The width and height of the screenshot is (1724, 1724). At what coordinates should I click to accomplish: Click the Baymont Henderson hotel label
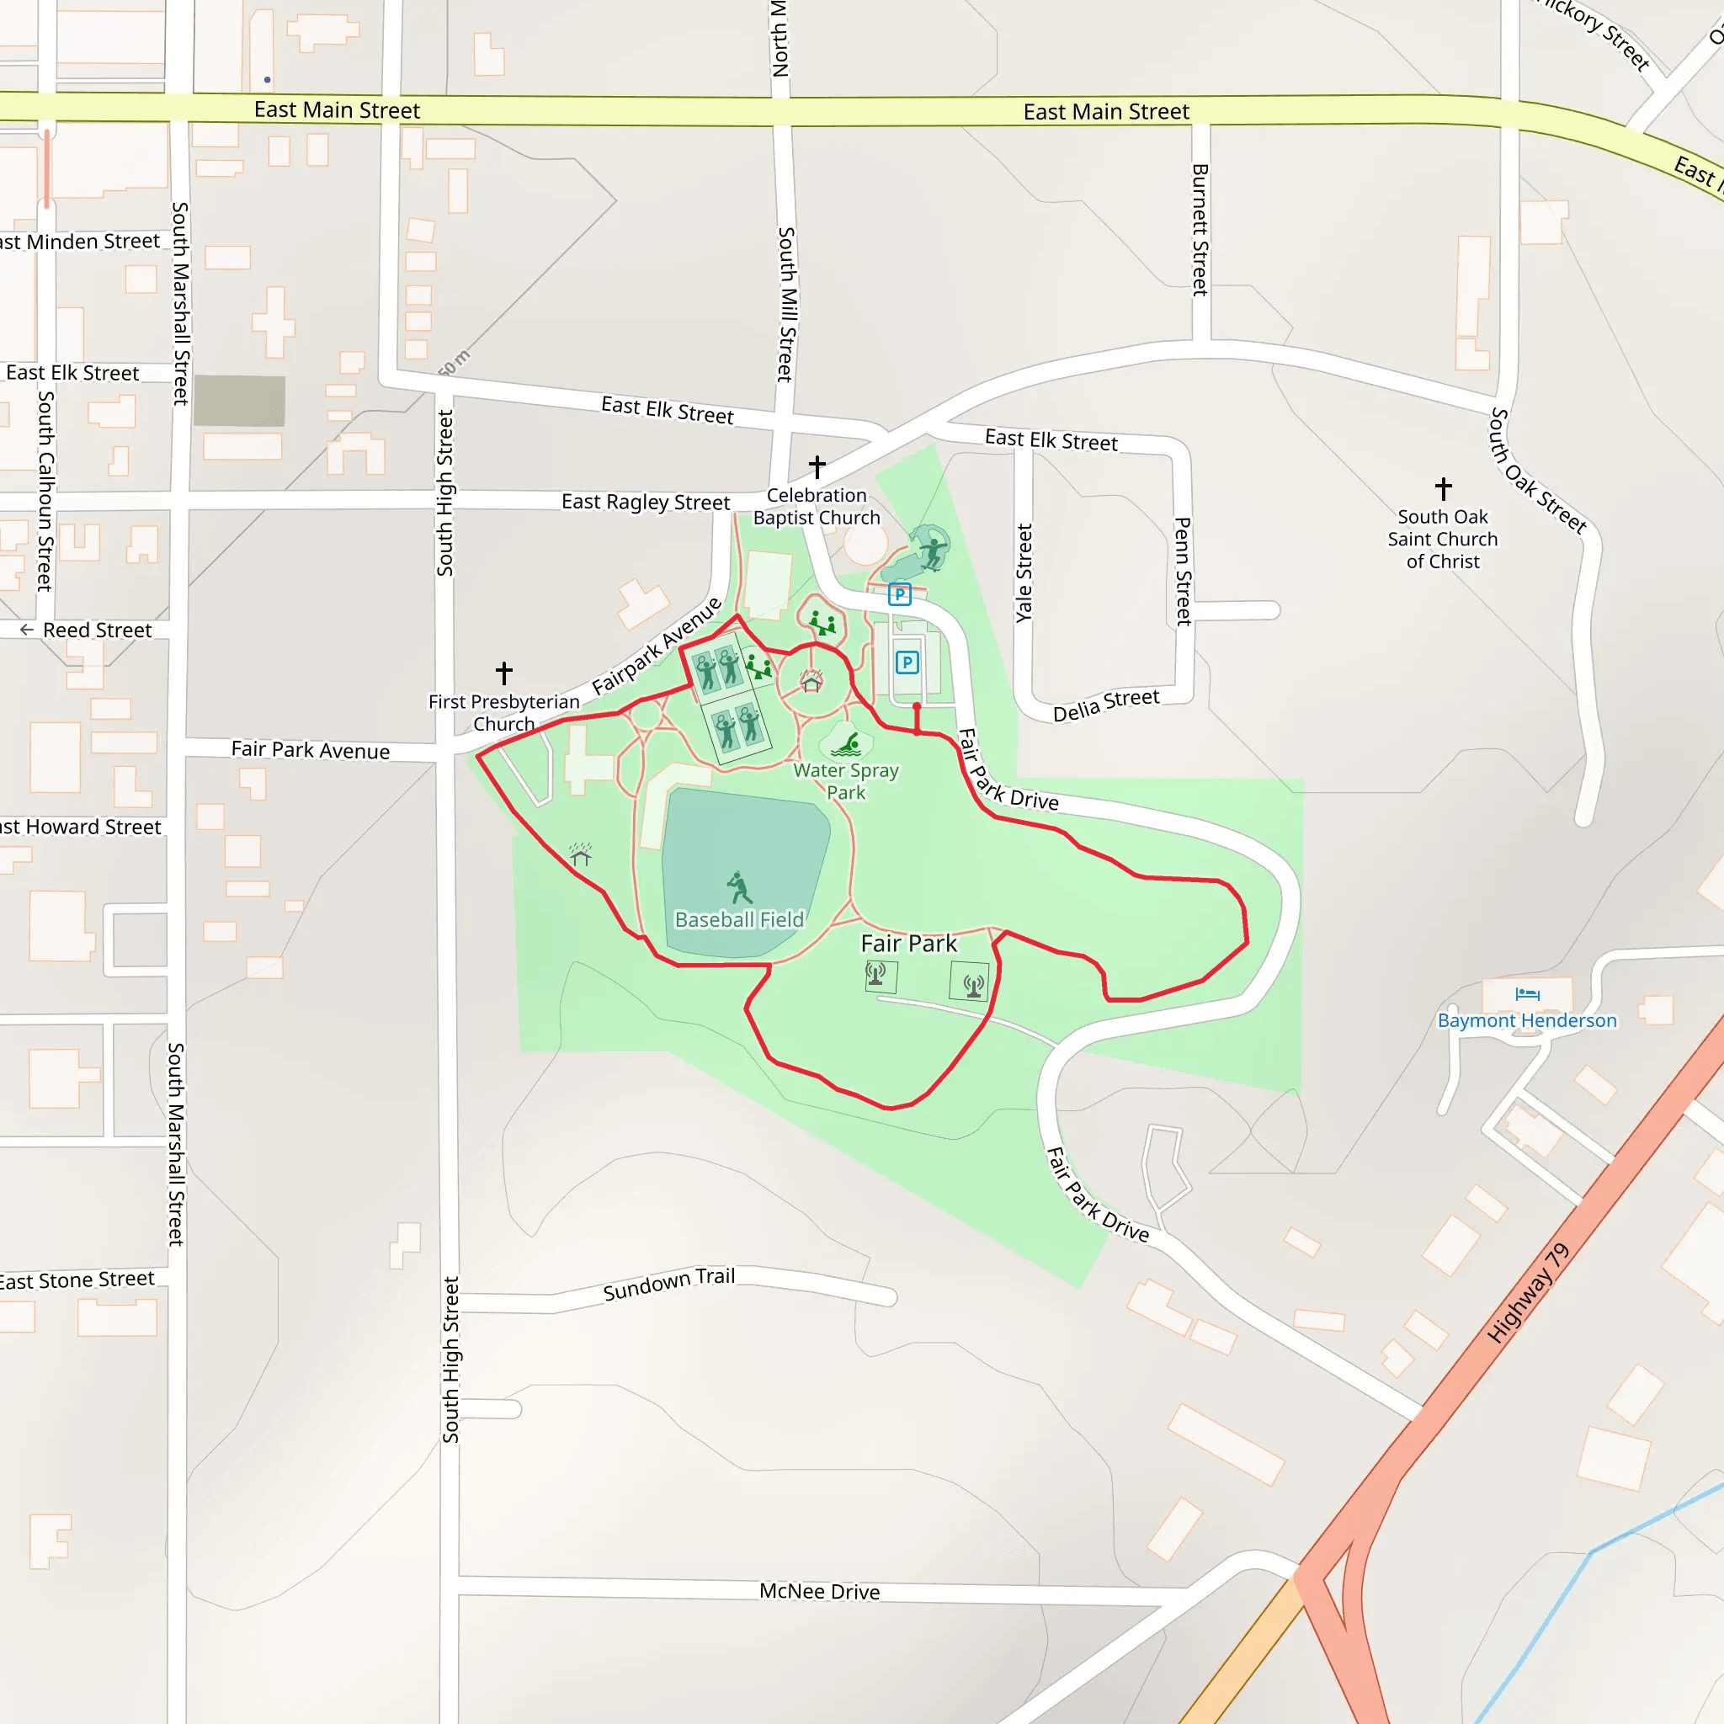pyautogui.click(x=1526, y=1020)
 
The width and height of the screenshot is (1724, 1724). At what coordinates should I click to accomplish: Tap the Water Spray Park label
pyautogui.click(x=846, y=781)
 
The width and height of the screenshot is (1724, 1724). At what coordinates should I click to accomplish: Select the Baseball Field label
pyautogui.click(x=739, y=919)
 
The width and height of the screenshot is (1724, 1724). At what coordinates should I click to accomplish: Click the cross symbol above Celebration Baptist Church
pyautogui.click(x=817, y=466)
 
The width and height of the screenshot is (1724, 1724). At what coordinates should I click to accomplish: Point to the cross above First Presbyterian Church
pyautogui.click(x=504, y=672)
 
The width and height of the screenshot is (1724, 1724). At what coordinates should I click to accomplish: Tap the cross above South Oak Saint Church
pyautogui.click(x=1443, y=488)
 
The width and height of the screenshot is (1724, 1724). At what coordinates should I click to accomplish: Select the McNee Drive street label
pyautogui.click(x=819, y=1591)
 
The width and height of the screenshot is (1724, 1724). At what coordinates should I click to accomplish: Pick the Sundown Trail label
pyautogui.click(x=668, y=1283)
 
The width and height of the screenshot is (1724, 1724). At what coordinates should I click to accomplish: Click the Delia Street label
pyautogui.click(x=1105, y=704)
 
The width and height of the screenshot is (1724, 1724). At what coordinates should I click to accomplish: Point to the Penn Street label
pyautogui.click(x=1183, y=571)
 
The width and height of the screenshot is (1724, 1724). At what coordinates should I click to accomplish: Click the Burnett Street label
pyautogui.click(x=1200, y=229)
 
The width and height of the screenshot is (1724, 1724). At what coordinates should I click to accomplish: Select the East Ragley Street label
pyautogui.click(x=645, y=502)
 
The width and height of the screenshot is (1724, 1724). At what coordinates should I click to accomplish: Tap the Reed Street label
pyautogui.click(x=96, y=630)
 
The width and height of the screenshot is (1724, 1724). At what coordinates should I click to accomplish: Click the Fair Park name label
pyautogui.click(x=907, y=943)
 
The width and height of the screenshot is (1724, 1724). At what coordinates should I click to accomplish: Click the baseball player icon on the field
pyautogui.click(x=739, y=887)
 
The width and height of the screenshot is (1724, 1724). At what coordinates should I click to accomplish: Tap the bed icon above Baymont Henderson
pyautogui.click(x=1527, y=994)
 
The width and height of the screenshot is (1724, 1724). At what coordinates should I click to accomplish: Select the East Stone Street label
pyautogui.click(x=77, y=1280)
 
